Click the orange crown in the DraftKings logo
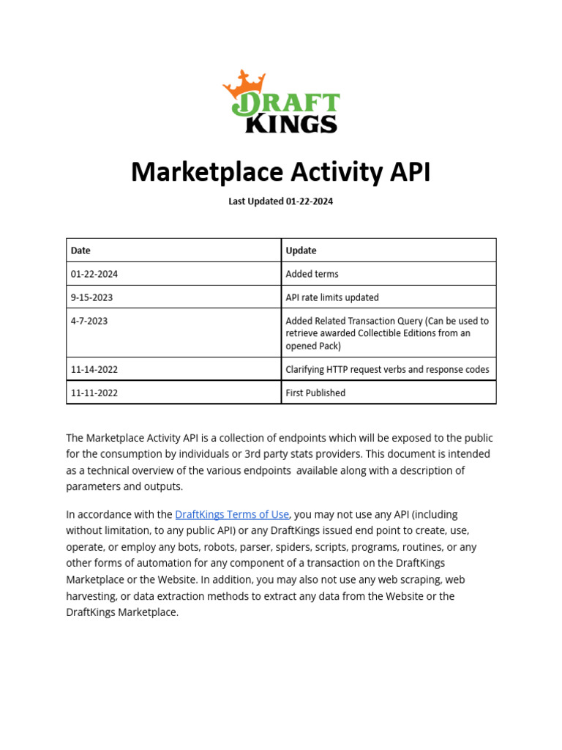pos(244,82)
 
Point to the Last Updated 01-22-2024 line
pos(280,201)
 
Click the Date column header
pos(80,250)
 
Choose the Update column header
pos(301,250)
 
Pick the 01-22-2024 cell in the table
pos(94,274)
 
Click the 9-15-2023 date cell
pos(91,297)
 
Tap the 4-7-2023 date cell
pos(89,321)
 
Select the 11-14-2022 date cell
pos(94,369)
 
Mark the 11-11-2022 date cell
pos(94,393)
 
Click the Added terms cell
pos(312,274)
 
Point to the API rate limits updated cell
pos(332,297)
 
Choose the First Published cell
pos(315,393)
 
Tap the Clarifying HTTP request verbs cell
pos(387,369)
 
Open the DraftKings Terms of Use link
pos(232,514)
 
